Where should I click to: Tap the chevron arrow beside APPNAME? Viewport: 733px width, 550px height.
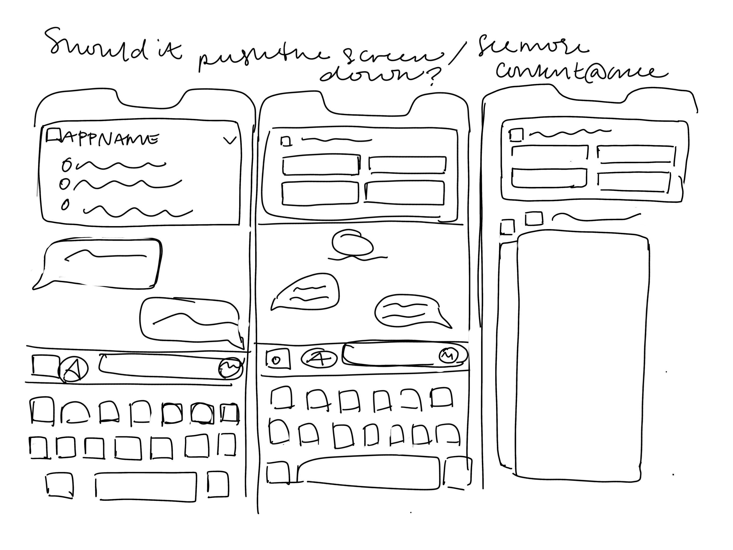[x=230, y=141]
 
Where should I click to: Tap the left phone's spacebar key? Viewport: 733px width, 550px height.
[x=146, y=486]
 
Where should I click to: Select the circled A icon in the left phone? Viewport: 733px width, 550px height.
[x=74, y=369]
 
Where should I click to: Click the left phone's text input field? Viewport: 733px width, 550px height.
[x=159, y=366]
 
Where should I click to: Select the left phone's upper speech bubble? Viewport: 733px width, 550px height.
[x=100, y=262]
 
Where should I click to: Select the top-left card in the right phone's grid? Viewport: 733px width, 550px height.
[x=549, y=153]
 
